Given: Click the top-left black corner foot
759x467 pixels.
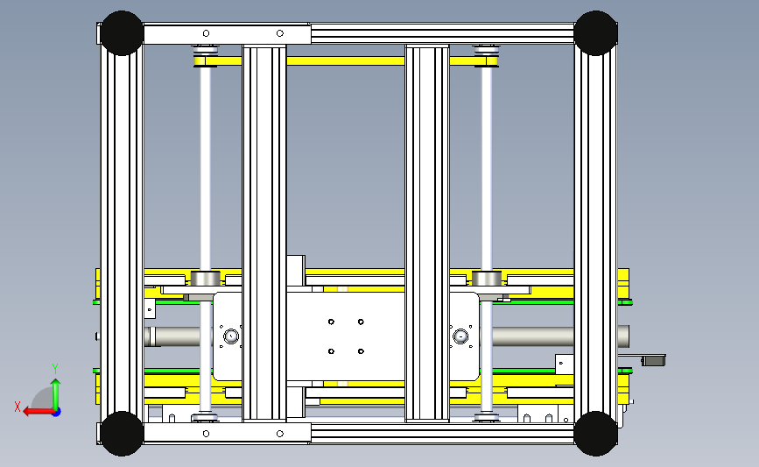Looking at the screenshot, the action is point(122,33).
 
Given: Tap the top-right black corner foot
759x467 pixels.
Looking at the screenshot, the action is point(596,33).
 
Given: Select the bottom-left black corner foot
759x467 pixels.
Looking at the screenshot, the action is point(122,434).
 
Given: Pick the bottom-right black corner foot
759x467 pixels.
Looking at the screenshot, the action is point(596,434).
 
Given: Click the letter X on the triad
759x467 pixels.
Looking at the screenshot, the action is point(18,407).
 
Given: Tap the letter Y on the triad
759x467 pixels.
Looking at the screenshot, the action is point(55,369).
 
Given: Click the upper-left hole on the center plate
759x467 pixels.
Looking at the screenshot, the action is point(331,322).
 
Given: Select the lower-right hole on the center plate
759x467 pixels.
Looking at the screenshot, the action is point(361,351).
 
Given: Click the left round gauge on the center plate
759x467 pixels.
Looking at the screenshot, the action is point(231,336).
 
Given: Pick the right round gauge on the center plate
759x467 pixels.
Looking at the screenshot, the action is point(460,336).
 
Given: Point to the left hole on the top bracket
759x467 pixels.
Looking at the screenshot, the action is point(207,33).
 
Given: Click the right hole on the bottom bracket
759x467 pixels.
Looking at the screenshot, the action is point(280,434).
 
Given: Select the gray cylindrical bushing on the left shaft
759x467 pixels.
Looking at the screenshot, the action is point(205,279).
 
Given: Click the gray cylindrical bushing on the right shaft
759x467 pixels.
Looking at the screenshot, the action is point(487,279).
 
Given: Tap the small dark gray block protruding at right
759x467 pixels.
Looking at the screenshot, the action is point(653,361).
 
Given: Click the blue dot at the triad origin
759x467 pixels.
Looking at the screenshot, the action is point(56,413).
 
